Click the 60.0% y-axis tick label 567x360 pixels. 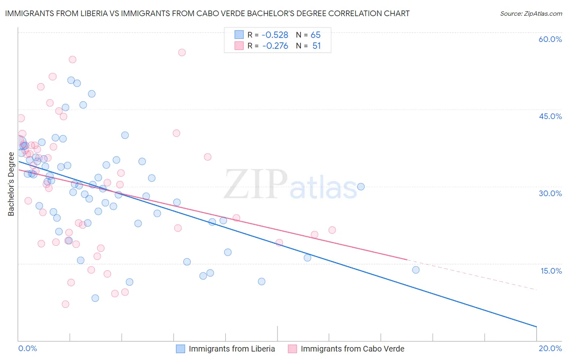[550, 39]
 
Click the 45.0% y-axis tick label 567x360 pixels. [550, 116]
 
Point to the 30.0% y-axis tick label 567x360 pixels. [550, 193]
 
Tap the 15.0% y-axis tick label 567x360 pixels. [551, 270]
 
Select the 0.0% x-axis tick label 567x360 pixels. [27, 348]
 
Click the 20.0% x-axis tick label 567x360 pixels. [550, 348]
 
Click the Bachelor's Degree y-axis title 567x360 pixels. [11, 184]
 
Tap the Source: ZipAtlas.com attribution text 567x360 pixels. [531, 13]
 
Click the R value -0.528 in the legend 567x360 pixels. [275, 35]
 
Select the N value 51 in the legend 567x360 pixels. [317, 46]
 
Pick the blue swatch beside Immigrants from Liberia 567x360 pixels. [180, 349]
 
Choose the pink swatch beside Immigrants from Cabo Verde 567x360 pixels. [292, 349]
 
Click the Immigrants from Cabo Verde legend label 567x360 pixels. [352, 349]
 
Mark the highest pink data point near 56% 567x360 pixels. [182, 52]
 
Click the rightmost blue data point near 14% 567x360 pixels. [416, 270]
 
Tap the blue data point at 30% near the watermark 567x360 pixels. [361, 186]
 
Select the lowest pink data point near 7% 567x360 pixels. [65, 304]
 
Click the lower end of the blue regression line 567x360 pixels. [536, 326]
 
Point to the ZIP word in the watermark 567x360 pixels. [256, 184]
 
